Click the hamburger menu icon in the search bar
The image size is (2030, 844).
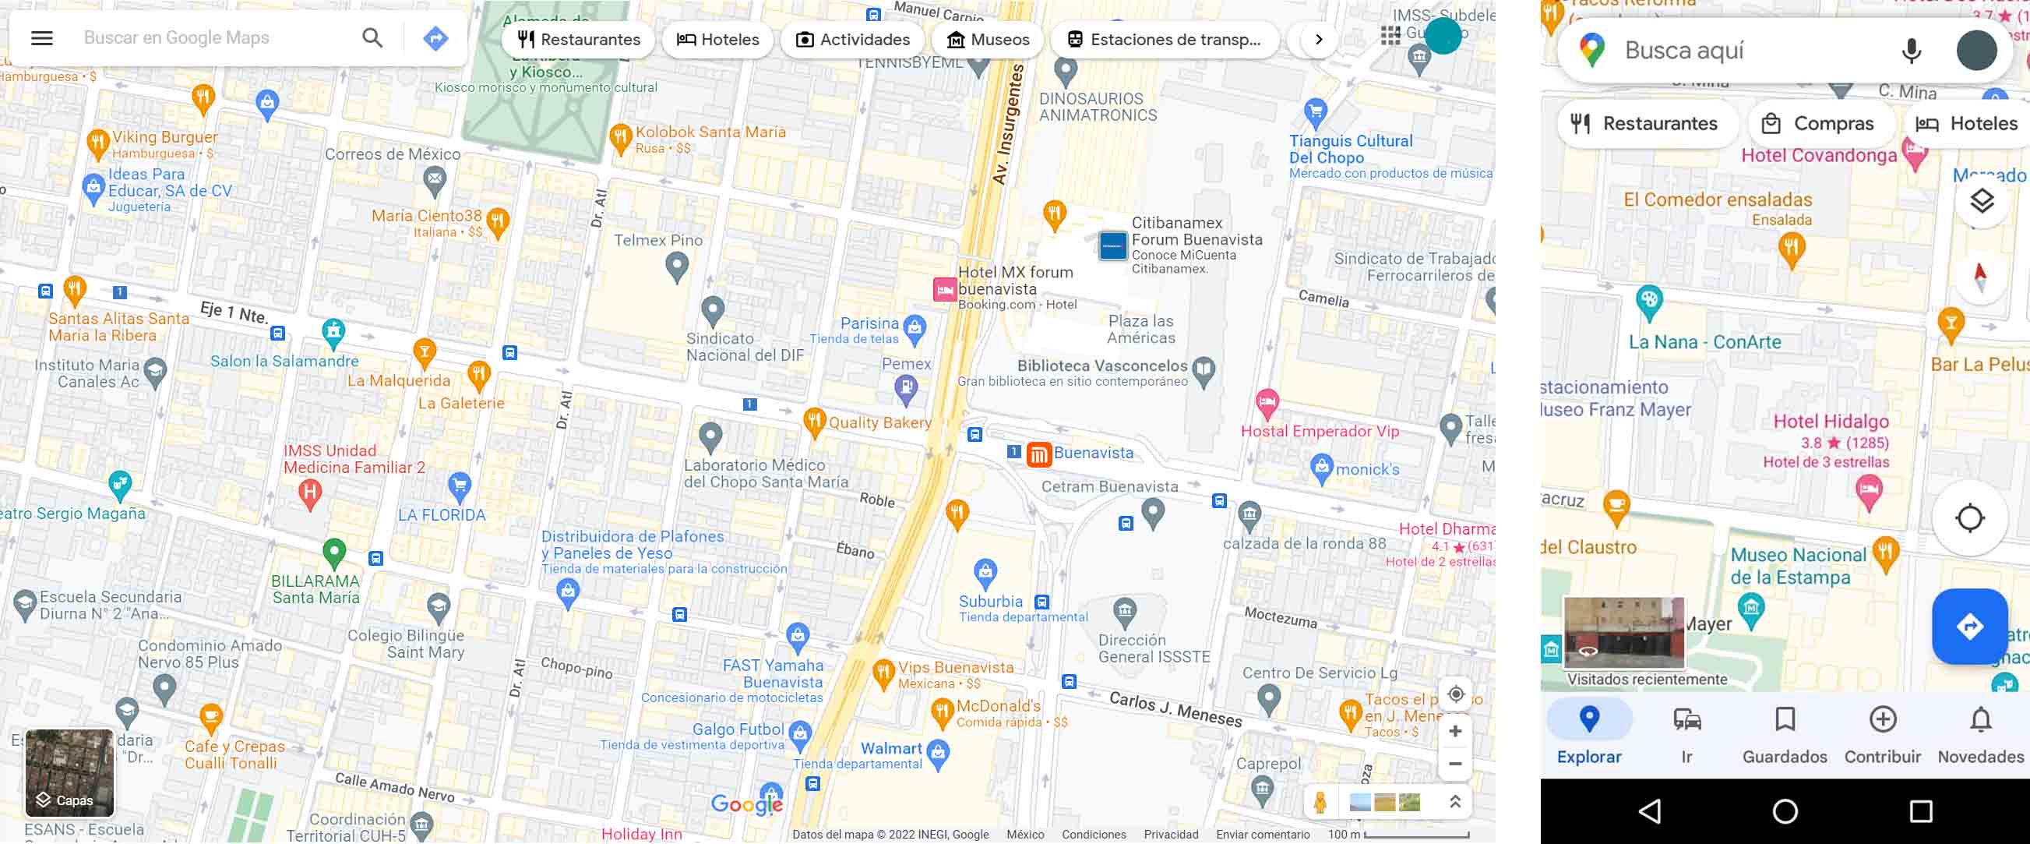[x=42, y=38]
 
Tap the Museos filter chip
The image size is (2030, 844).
[x=989, y=40]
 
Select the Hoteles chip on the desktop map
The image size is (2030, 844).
[x=718, y=40]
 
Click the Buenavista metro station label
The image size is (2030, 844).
[x=1092, y=453]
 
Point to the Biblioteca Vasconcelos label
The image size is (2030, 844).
[x=1101, y=365]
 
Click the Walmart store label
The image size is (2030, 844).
[x=890, y=749]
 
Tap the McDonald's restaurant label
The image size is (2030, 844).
[x=998, y=706]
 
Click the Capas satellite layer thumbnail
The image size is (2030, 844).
[x=69, y=772]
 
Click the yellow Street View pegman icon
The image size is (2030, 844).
[x=1320, y=802]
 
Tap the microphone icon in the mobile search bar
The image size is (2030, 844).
[x=1910, y=51]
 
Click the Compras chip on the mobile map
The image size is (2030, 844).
[x=1820, y=124]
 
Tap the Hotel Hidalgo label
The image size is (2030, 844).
[x=1831, y=422]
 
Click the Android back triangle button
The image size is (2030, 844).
[x=1650, y=811]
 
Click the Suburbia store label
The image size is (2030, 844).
[x=990, y=602]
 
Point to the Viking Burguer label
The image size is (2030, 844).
[x=164, y=137]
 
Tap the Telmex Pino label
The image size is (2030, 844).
[x=658, y=240]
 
